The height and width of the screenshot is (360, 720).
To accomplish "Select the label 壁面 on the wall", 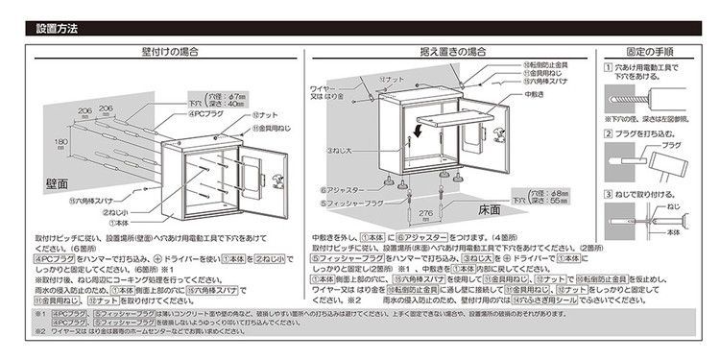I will [58, 181].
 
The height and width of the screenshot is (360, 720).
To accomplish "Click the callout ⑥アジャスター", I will [344, 190].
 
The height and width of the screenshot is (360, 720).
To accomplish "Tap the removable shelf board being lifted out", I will [451, 113].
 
